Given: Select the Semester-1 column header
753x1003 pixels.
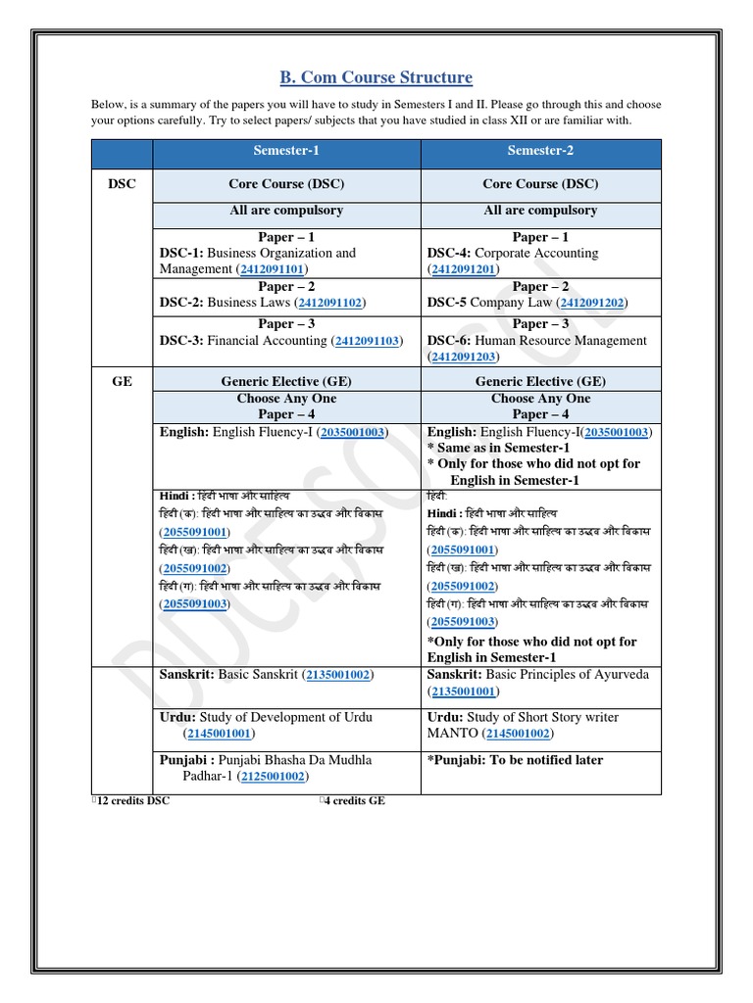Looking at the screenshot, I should tap(286, 151).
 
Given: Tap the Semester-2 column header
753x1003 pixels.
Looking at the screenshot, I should tap(540, 151).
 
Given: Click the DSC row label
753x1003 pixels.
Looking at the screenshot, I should tap(122, 184).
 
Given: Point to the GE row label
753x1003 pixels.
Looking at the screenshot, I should tap(122, 382).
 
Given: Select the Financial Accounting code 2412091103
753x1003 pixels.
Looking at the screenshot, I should tap(367, 341).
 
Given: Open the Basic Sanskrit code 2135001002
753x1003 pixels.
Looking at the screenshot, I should tap(338, 675).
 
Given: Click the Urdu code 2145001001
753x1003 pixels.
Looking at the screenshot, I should tap(220, 733).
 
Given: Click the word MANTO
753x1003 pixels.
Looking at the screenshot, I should tap(451, 733).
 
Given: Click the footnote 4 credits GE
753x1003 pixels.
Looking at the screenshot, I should tap(354, 800).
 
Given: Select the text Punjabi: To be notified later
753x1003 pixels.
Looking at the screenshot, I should tap(515, 760).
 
